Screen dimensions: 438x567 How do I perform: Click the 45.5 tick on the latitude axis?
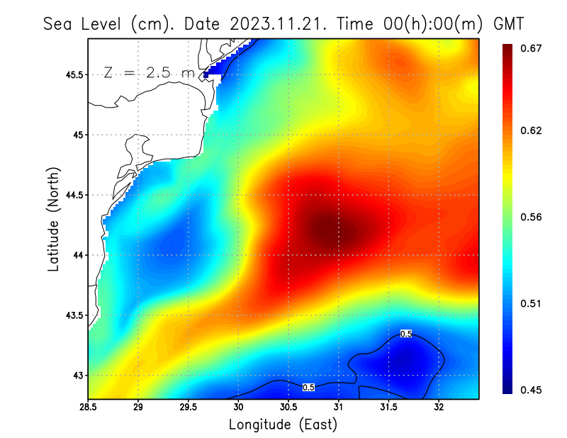(x=72, y=74)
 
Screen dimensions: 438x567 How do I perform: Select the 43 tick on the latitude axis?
(x=77, y=375)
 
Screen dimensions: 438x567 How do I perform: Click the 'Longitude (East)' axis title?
(x=283, y=424)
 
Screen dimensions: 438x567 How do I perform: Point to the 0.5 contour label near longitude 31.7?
(x=406, y=334)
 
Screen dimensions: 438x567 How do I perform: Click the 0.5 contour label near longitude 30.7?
(x=308, y=388)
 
